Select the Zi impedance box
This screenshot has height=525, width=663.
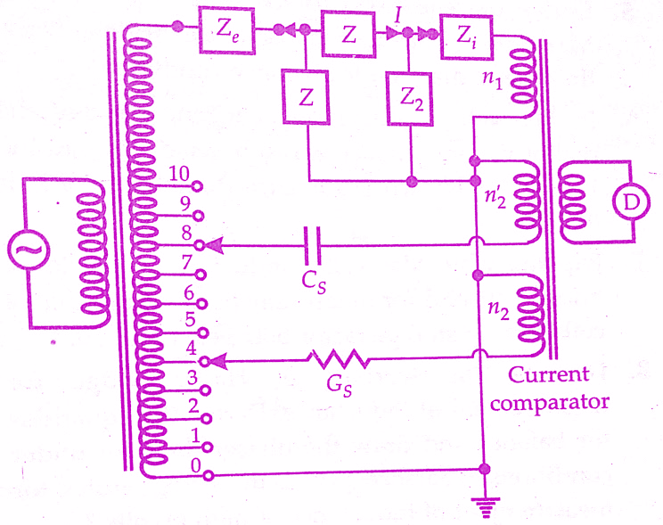[x=465, y=37]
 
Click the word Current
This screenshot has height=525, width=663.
[x=548, y=374]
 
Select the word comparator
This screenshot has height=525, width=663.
[x=551, y=401]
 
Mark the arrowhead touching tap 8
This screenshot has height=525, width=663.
[x=214, y=243]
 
